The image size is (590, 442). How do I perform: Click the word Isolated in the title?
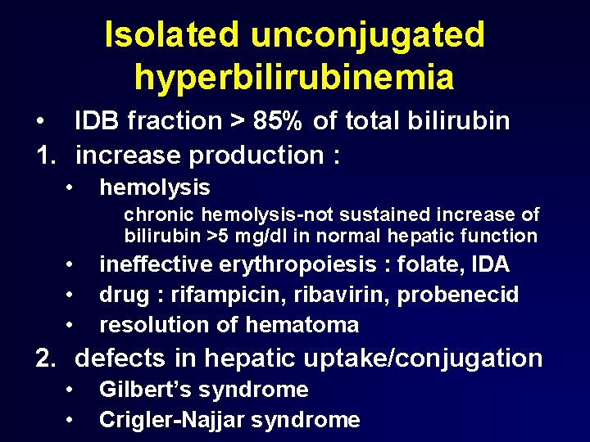(x=171, y=35)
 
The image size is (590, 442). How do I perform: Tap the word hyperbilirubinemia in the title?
(x=294, y=78)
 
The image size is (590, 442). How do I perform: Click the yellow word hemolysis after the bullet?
(x=154, y=187)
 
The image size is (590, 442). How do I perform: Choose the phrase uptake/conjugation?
(x=446, y=359)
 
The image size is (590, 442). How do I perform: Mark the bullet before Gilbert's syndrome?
(x=72, y=390)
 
